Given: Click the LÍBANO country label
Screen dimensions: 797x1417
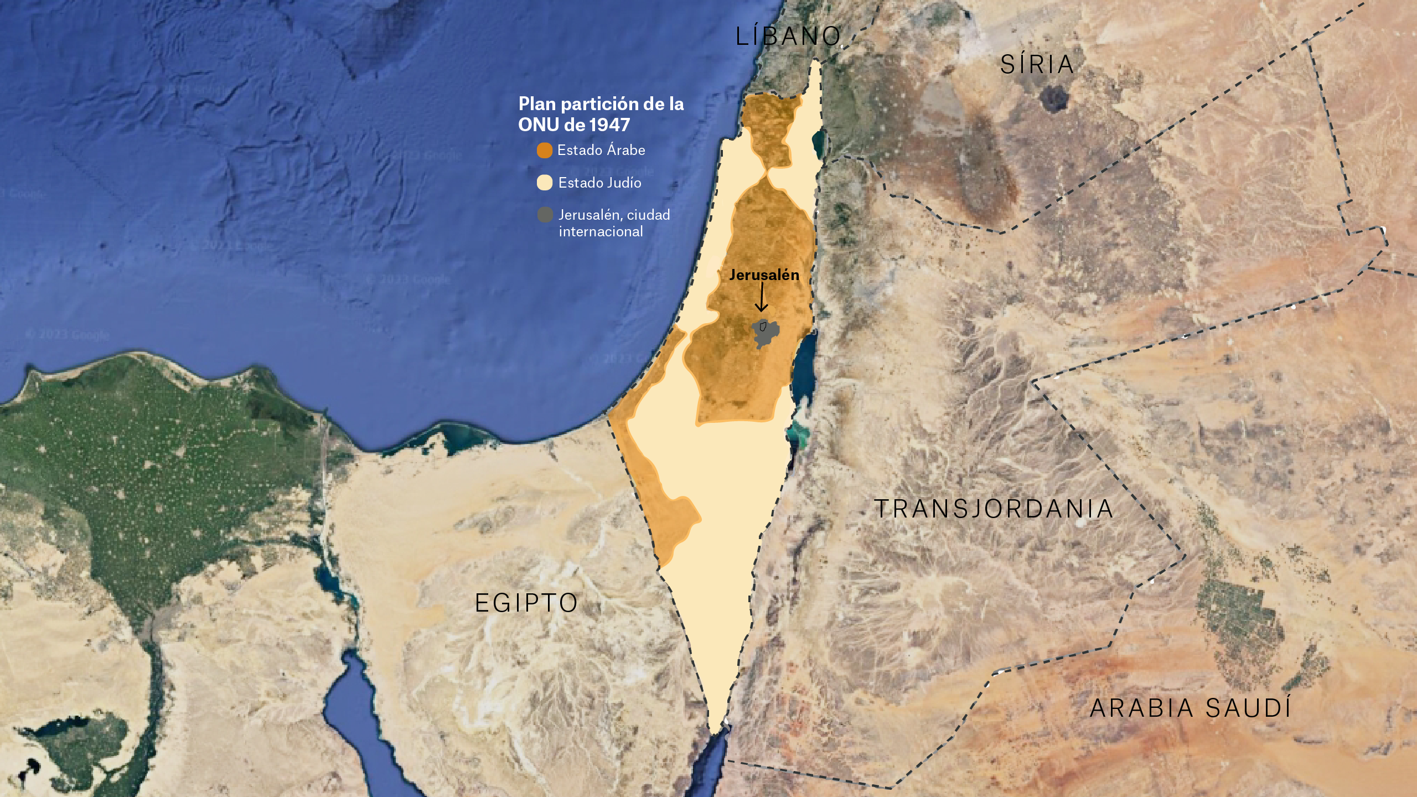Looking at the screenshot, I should click(x=788, y=37).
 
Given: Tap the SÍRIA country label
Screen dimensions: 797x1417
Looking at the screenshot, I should click(x=1037, y=65).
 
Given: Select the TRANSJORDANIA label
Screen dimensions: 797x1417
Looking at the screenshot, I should click(x=994, y=509).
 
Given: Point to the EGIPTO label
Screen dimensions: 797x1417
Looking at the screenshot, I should click(x=526, y=603).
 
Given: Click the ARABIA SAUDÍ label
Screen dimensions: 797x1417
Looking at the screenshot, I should click(x=1191, y=708).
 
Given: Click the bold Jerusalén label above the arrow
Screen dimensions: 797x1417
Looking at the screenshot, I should click(x=764, y=275).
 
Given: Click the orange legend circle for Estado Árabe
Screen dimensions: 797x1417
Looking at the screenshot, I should click(x=545, y=151).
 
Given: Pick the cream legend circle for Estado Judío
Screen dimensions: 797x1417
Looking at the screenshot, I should click(x=545, y=183).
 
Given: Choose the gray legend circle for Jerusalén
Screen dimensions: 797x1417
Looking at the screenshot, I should click(x=545, y=215).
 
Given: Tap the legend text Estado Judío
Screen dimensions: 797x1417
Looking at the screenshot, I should click(x=599, y=183).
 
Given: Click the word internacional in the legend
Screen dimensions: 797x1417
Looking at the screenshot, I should click(x=601, y=231).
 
